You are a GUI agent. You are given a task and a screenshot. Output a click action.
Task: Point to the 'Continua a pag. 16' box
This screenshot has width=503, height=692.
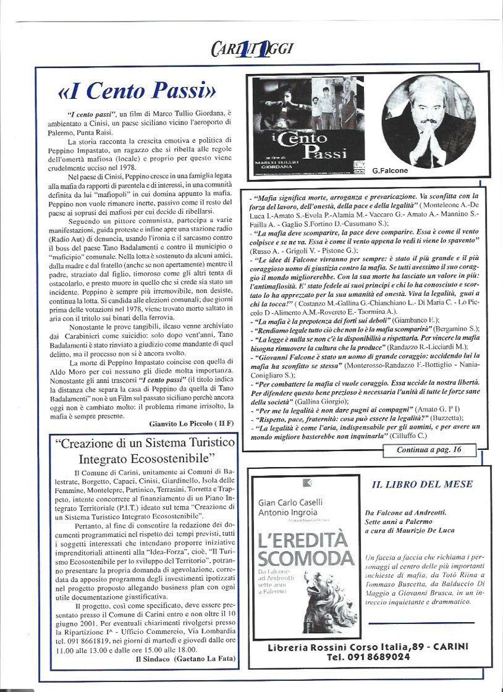[429, 450]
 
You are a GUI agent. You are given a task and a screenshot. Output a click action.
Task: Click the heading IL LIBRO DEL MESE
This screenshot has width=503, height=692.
[422, 485]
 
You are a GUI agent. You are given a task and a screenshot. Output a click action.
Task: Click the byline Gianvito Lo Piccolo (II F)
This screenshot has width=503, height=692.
[192, 423]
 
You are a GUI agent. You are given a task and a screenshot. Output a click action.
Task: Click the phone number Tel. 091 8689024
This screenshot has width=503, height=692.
[368, 657]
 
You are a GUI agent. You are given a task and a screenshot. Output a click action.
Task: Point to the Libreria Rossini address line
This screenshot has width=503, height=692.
[368, 647]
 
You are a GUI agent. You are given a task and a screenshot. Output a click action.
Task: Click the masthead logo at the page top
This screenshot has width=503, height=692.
[251, 49]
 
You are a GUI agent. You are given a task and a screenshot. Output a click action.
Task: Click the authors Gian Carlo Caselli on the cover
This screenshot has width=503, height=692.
[290, 502]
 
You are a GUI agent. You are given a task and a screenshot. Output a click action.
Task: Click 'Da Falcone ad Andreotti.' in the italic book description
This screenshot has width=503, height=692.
[405, 512]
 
